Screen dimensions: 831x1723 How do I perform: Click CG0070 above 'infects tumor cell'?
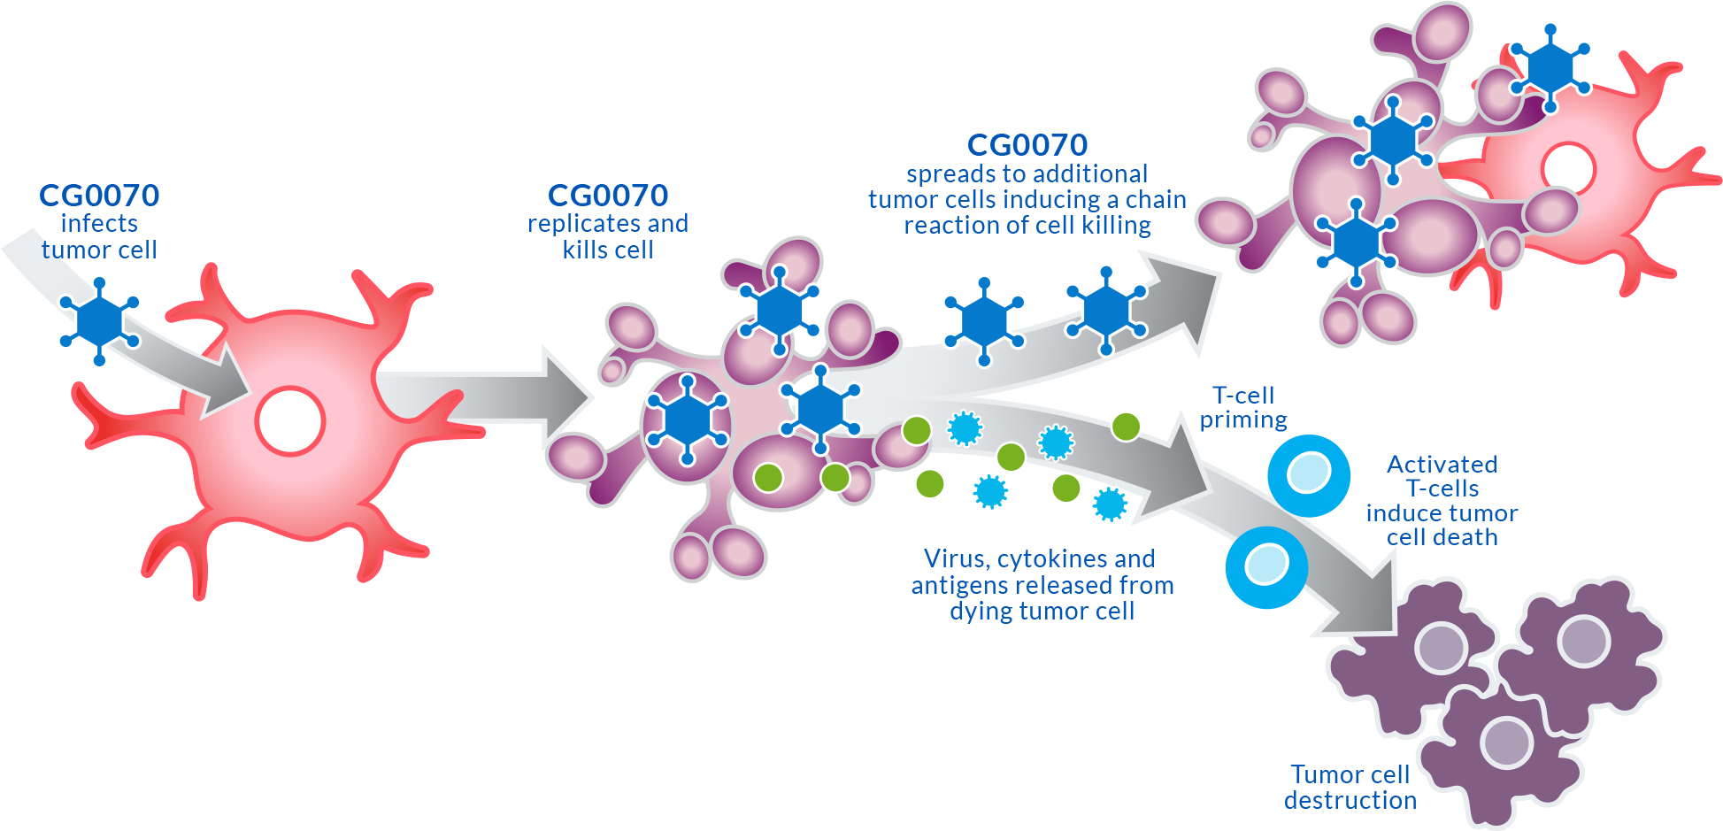pyautogui.click(x=99, y=196)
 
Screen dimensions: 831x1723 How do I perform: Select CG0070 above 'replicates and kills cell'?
pyautogui.click(x=608, y=196)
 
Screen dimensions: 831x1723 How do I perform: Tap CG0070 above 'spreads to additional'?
pyautogui.click(x=1027, y=145)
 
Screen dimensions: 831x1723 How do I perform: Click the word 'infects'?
pyautogui.click(x=99, y=224)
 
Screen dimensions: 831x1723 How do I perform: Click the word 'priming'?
pyautogui.click(x=1243, y=420)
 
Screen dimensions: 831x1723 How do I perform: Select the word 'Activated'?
pyautogui.click(x=1442, y=465)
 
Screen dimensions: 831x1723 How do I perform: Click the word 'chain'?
pyautogui.click(x=1156, y=200)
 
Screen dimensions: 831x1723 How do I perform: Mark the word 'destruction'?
pyautogui.click(x=1350, y=801)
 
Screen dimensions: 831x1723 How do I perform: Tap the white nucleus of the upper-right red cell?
pyautogui.click(x=1568, y=168)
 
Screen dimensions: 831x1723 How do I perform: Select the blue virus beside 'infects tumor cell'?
pyautogui.click(x=99, y=320)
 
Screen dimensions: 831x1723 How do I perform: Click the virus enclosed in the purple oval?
pyautogui.click(x=686, y=419)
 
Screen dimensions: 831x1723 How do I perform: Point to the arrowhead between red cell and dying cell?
pyautogui.click(x=566, y=396)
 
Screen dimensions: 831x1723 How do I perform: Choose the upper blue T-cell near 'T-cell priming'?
pyautogui.click(x=1309, y=475)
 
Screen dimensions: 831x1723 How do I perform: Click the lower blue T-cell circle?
pyautogui.click(x=1266, y=567)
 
